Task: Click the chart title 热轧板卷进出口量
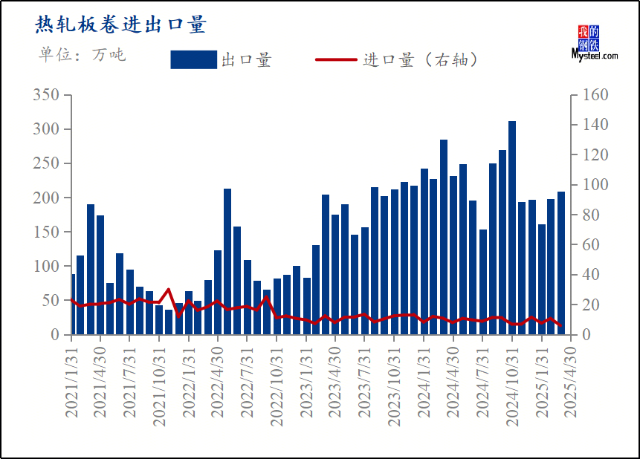[x=120, y=25]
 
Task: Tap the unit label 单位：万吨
[x=83, y=54]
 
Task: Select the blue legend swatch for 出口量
[x=193, y=59]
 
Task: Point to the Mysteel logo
[x=594, y=43]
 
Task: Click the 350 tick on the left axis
[x=45, y=95]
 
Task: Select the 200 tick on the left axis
[x=45, y=198]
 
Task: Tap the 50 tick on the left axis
[x=49, y=301]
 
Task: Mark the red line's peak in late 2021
[x=169, y=290]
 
